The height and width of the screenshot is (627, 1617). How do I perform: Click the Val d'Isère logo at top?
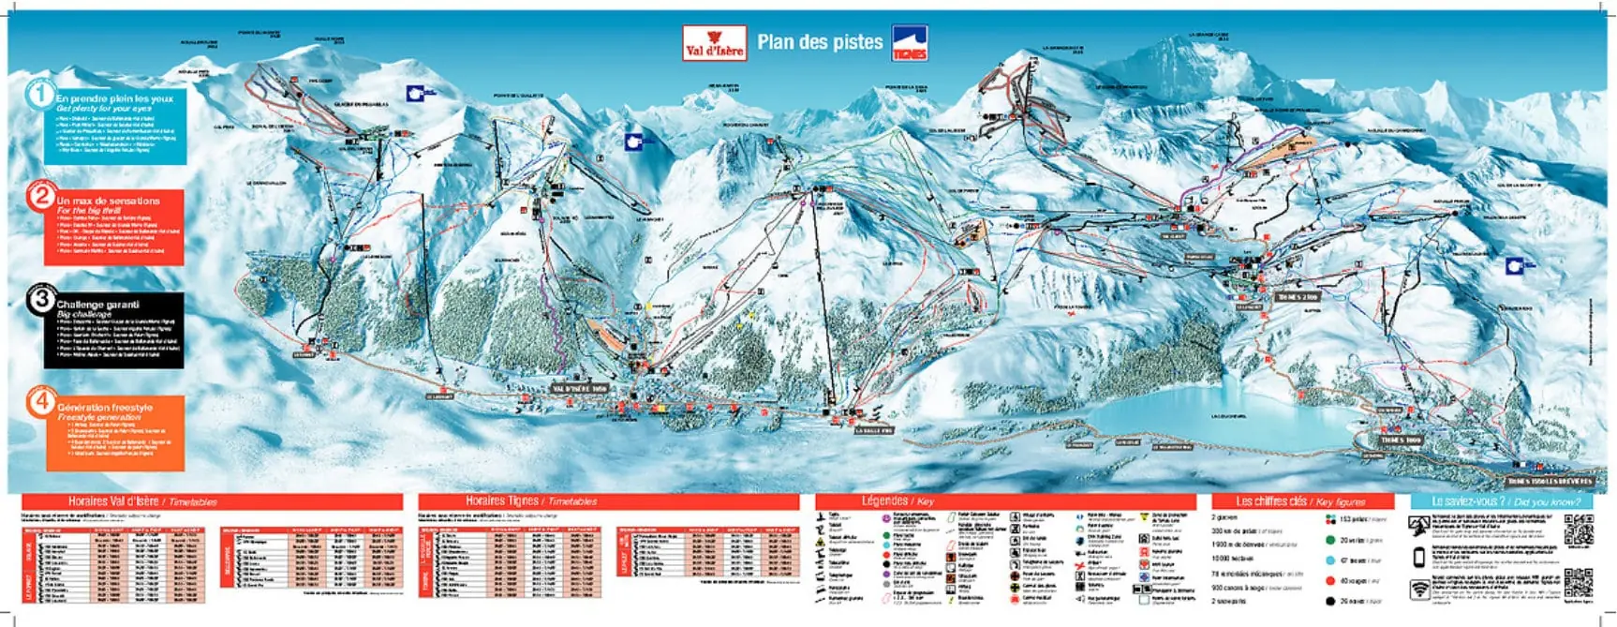[x=715, y=42]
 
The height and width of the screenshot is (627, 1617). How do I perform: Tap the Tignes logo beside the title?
[x=910, y=42]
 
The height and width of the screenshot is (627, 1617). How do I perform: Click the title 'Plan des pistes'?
[x=819, y=41]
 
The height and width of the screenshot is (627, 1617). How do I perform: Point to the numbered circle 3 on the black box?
[x=42, y=300]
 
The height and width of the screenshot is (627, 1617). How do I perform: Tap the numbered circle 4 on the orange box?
[x=42, y=403]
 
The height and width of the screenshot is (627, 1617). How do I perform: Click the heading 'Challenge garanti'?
[x=97, y=305]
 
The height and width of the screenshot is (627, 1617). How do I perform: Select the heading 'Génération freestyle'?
[x=104, y=408]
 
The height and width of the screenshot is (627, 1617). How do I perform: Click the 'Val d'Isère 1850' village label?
[x=581, y=388]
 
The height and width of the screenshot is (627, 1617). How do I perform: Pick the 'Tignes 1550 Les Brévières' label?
[x=1550, y=481]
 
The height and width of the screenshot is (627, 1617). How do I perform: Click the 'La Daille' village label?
[x=873, y=430]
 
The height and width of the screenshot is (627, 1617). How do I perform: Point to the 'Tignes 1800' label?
[x=1401, y=440]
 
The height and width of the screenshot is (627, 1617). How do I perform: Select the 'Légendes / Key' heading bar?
[x=1004, y=501]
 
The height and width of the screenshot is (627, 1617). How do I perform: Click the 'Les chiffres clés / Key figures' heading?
[x=1299, y=501]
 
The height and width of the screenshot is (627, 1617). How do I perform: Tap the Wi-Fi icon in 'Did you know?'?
[x=1421, y=590]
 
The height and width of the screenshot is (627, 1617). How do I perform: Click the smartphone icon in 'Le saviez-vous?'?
[x=1420, y=558]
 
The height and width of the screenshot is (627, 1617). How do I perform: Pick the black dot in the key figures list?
[x=1330, y=601]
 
